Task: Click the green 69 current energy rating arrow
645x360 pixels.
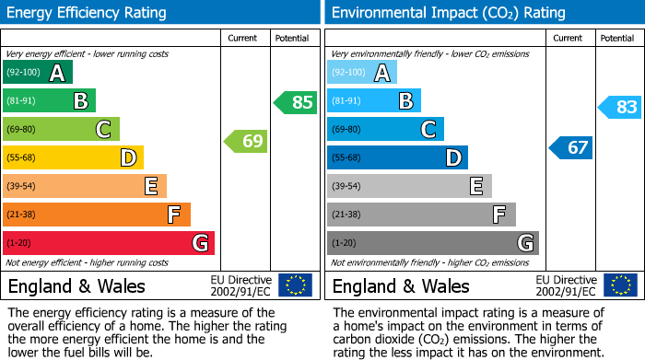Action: tap(246, 141)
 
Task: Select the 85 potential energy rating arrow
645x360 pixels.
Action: tap(296, 102)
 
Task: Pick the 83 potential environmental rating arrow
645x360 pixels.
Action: tap(620, 108)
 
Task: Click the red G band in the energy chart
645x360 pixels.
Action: tap(109, 243)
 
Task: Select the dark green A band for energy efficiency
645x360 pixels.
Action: tap(38, 73)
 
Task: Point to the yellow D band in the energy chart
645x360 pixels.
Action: tap(74, 158)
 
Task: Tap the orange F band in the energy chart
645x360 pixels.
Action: tap(97, 215)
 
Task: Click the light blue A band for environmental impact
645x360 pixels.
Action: tap(362, 73)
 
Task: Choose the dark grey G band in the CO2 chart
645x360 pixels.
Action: tap(432, 243)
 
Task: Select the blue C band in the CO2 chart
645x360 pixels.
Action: tap(385, 130)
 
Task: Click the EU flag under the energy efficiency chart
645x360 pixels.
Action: tap(295, 285)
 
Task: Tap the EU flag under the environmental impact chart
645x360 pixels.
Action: tap(619, 285)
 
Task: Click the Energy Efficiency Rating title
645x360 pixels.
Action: tap(88, 13)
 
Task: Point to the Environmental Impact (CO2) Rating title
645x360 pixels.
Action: tap(448, 13)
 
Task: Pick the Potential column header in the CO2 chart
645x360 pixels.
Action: tap(616, 38)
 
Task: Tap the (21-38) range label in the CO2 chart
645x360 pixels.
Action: tap(347, 215)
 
